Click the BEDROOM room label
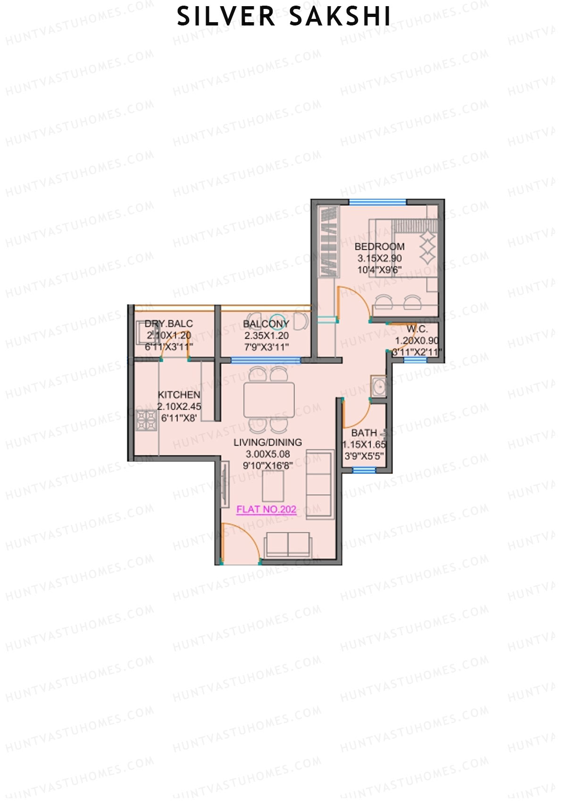pyautogui.click(x=379, y=246)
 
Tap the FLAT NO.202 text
pyautogui.click(x=266, y=509)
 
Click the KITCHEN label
pyautogui.click(x=179, y=395)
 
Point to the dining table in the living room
pyautogui.click(x=269, y=400)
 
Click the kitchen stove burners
pyautogui.click(x=146, y=420)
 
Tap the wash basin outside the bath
pyautogui.click(x=378, y=387)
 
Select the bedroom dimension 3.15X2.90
pyautogui.click(x=379, y=258)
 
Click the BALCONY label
pyautogui.click(x=266, y=324)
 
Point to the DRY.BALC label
pyautogui.click(x=168, y=324)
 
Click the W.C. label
pyautogui.click(x=417, y=329)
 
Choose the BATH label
pyautogui.click(x=364, y=432)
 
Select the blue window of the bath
pyautogui.click(x=364, y=470)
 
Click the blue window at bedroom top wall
pyautogui.click(x=377, y=202)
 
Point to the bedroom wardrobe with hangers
pyautogui.click(x=329, y=241)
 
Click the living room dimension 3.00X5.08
pyautogui.click(x=267, y=454)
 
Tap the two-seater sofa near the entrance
pyautogui.click(x=288, y=545)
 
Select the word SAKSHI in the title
pyautogui.click(x=340, y=17)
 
